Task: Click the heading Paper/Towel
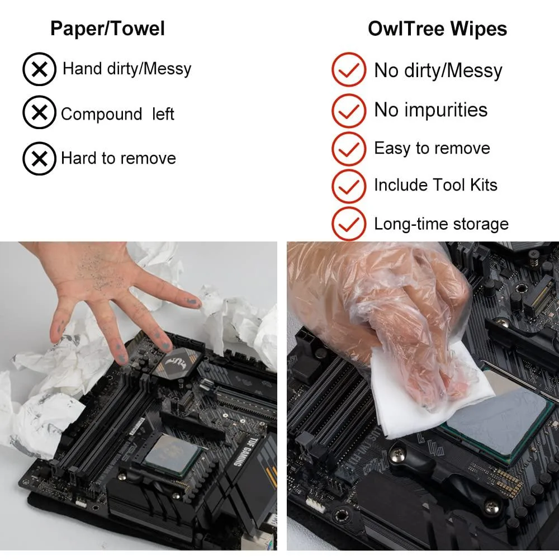point(107,29)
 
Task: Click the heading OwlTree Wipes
point(438,29)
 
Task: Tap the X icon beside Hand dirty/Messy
point(39,69)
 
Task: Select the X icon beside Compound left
point(39,112)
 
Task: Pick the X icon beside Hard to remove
point(39,159)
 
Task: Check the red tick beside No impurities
point(349,111)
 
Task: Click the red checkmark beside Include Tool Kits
point(349,186)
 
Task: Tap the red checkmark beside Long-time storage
point(349,224)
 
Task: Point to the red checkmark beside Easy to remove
point(349,149)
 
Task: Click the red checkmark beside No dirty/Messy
point(349,69)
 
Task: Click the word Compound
point(102,115)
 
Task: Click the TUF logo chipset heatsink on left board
point(178,364)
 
